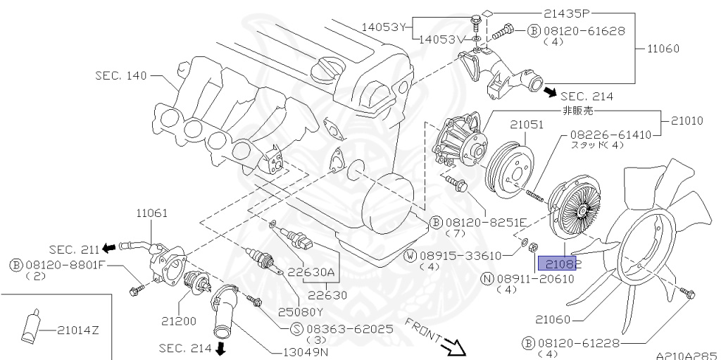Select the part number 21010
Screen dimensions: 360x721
coord(686,121)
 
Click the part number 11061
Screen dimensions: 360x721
coord(149,211)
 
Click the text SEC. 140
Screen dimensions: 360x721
coord(121,75)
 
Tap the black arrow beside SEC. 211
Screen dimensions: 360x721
coord(109,248)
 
